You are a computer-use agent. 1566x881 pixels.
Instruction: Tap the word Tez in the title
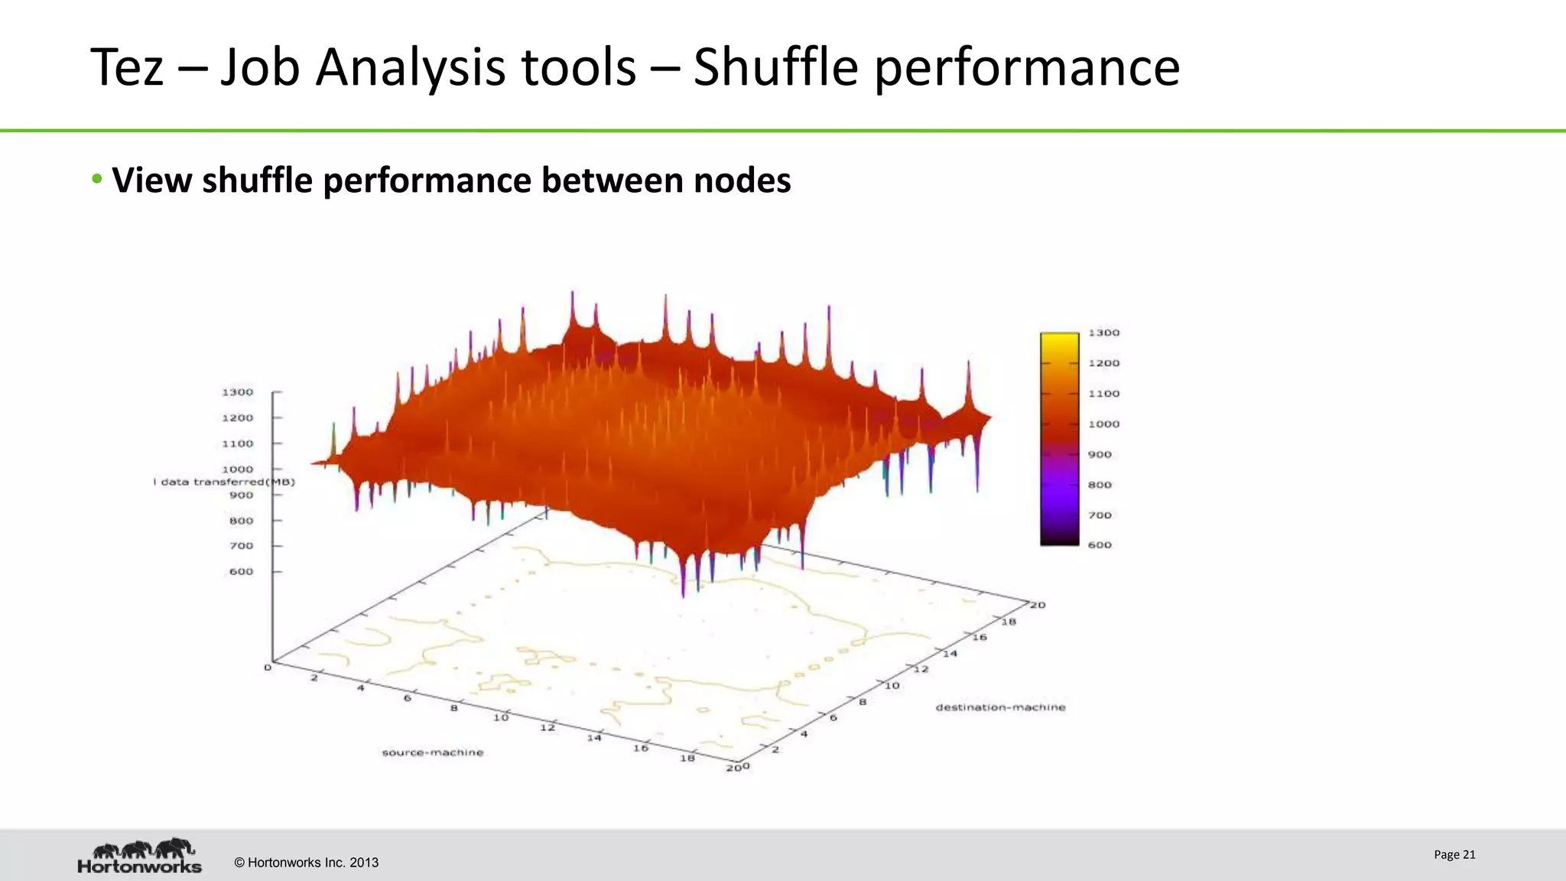127,67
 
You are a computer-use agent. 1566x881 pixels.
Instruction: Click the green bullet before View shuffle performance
96,180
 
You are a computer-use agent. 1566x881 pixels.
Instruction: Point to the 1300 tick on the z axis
237,392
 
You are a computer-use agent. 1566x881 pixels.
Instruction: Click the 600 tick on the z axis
241,571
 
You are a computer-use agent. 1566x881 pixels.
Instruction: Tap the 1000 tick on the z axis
237,470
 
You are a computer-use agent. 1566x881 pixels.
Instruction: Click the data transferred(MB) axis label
225,482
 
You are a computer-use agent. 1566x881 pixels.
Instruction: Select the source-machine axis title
433,753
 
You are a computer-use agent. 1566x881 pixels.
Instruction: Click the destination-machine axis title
1000,707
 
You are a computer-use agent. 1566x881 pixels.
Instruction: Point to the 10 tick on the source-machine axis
501,717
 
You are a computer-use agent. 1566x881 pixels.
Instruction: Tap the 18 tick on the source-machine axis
687,758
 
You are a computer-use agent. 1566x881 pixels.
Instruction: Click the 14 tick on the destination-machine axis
950,654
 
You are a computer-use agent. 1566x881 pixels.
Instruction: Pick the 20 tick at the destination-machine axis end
1038,605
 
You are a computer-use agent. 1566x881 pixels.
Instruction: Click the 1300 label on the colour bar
1103,333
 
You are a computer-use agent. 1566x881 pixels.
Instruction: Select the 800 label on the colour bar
1100,485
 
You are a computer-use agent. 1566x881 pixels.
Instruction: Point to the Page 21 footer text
1454,855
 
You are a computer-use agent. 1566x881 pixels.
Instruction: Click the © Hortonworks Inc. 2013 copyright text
306,863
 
